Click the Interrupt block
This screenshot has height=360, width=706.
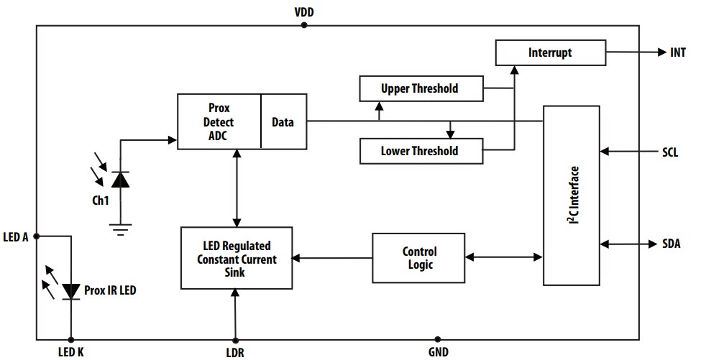550,52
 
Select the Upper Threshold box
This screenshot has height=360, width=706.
420,89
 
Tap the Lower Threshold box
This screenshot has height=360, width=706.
420,151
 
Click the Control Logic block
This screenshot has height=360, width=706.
419,258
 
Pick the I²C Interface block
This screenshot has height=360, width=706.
571,194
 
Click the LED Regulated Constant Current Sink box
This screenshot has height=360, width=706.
237,258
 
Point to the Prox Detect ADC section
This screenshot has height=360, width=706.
219,121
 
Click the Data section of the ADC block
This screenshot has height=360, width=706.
283,121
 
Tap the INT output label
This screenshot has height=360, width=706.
677,52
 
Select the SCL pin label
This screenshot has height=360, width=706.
670,152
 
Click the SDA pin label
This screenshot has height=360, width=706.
671,244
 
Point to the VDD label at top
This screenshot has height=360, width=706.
304,12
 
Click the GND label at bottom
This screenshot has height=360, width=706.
438,351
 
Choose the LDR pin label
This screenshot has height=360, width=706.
234,351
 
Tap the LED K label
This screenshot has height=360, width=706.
70,351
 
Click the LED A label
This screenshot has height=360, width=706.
16,236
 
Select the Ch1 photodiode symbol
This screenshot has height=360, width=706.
120,180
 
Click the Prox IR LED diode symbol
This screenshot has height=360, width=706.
70,290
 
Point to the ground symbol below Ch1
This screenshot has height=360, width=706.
120,229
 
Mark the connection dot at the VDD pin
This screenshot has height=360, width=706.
304,25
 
